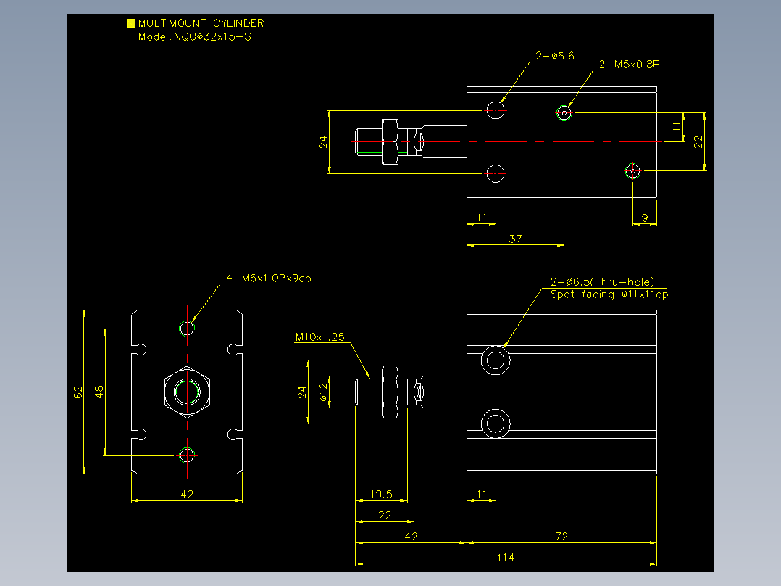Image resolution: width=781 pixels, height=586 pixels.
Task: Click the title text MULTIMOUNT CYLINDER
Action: pos(201,23)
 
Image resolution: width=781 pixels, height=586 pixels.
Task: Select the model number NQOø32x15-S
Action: pos(213,37)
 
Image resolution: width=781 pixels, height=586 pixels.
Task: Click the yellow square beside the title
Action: pos(131,23)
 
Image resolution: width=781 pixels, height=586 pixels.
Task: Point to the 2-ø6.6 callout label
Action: pos(555,56)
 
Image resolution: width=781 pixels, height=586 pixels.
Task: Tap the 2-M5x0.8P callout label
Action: pos(629,65)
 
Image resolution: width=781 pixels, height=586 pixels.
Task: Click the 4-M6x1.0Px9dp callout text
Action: pos(269,278)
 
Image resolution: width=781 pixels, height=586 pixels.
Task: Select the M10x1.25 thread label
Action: pos(319,337)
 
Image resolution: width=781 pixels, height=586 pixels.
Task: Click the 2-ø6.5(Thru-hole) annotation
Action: pos(602,282)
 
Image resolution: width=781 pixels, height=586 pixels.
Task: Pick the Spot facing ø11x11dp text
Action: pos(609,294)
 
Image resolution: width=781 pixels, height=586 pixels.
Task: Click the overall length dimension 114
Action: pos(506,558)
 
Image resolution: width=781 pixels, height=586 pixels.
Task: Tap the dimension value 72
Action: pos(561,537)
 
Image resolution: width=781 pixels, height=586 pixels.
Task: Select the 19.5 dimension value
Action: pos(381,494)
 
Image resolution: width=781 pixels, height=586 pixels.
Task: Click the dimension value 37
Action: pos(516,239)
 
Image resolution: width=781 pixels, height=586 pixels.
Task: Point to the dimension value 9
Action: pos(645,218)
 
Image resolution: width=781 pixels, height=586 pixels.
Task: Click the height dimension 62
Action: pos(78,392)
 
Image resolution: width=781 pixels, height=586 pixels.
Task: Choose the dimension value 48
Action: pos(99,392)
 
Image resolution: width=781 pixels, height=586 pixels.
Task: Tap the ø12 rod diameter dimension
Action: pos(323,392)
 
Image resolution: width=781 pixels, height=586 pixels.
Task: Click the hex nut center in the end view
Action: pos(187,392)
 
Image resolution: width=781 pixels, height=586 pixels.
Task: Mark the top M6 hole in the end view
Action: pos(187,328)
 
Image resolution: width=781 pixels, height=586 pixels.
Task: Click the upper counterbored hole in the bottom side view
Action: pos(496,360)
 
